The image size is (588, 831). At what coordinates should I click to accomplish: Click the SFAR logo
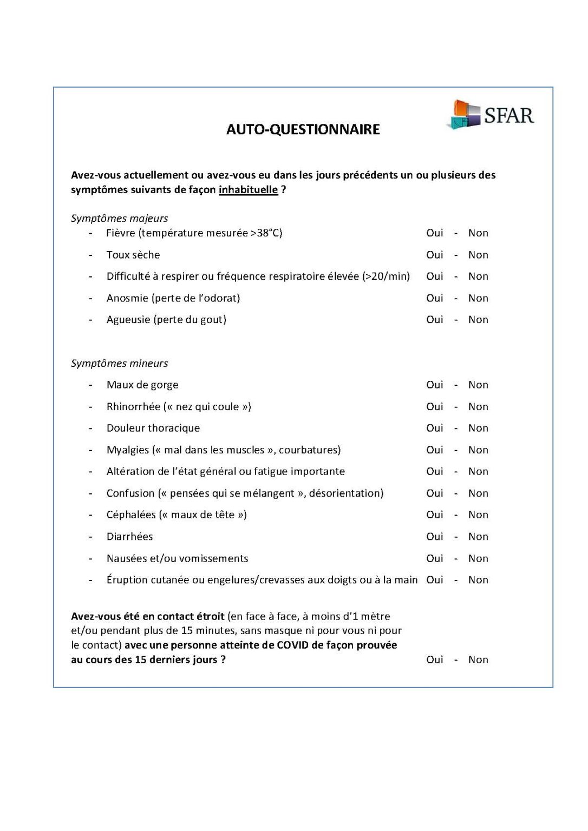[x=490, y=115]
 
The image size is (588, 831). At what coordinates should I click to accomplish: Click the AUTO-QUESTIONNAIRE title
[x=303, y=129]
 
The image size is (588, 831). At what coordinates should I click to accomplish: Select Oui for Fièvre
[x=434, y=233]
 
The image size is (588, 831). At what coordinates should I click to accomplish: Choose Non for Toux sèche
[x=478, y=255]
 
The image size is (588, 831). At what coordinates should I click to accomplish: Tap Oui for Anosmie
[x=434, y=298]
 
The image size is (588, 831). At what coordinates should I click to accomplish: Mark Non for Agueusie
[x=478, y=320]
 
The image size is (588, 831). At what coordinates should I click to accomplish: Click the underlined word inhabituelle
[x=248, y=190]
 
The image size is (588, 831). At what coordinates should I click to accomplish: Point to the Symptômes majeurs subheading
[x=119, y=219]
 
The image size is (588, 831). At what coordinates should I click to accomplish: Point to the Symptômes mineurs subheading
[x=119, y=364]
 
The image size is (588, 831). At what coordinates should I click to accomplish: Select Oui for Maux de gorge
[x=434, y=385]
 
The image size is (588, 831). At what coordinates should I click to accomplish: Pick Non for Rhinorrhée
[x=478, y=407]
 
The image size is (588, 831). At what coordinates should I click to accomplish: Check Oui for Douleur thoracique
[x=434, y=428]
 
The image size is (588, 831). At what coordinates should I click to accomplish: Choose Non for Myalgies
[x=478, y=450]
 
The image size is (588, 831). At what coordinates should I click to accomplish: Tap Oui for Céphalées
[x=434, y=515]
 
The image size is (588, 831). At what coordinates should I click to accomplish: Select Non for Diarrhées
[x=478, y=537]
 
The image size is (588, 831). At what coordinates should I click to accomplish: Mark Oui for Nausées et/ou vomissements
[x=434, y=558]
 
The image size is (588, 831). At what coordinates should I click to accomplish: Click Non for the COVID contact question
[x=478, y=659]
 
